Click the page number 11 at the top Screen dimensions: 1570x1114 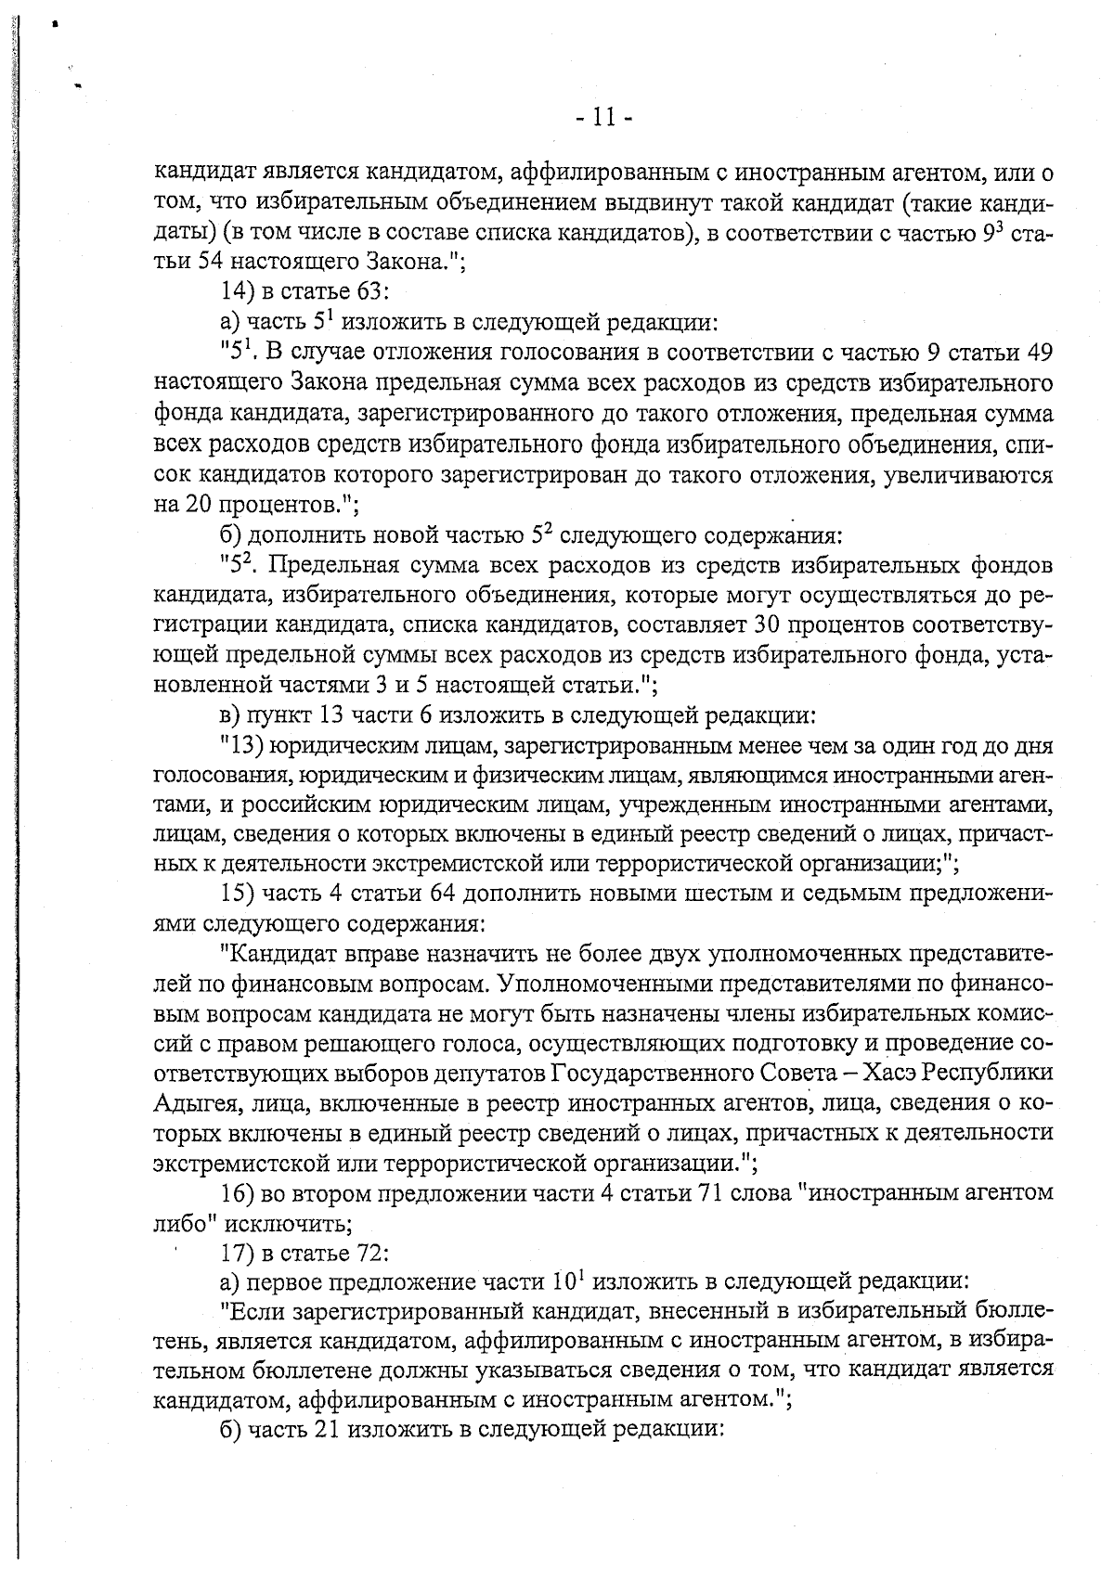(602, 118)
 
